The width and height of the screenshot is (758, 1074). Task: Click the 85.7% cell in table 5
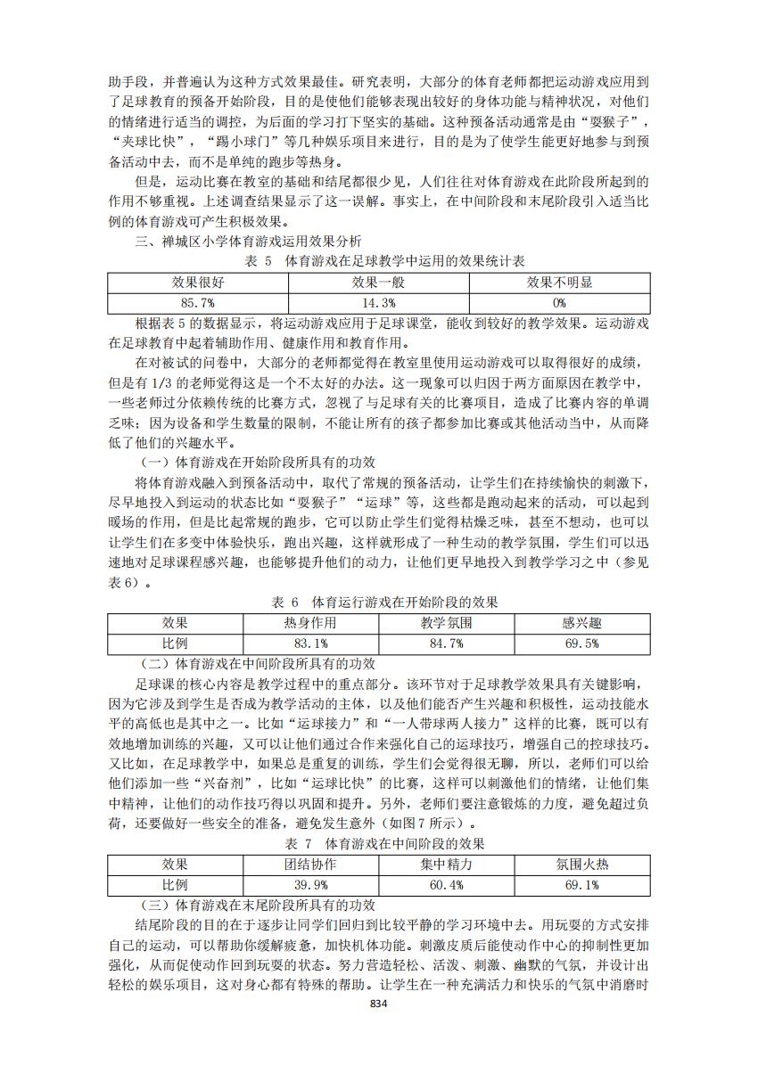point(199,303)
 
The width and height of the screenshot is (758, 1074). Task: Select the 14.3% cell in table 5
point(379,303)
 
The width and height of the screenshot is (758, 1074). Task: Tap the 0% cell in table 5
point(559,303)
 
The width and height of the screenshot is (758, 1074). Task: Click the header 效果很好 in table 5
point(199,283)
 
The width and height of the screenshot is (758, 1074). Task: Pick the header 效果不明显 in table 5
point(559,283)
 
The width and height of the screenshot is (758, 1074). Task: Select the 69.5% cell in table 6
point(581,643)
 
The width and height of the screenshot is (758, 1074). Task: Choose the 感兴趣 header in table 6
point(581,623)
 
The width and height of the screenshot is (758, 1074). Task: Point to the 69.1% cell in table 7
point(581,884)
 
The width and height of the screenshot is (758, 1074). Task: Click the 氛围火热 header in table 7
point(581,864)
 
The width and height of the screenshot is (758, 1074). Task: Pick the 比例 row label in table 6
point(175,643)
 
